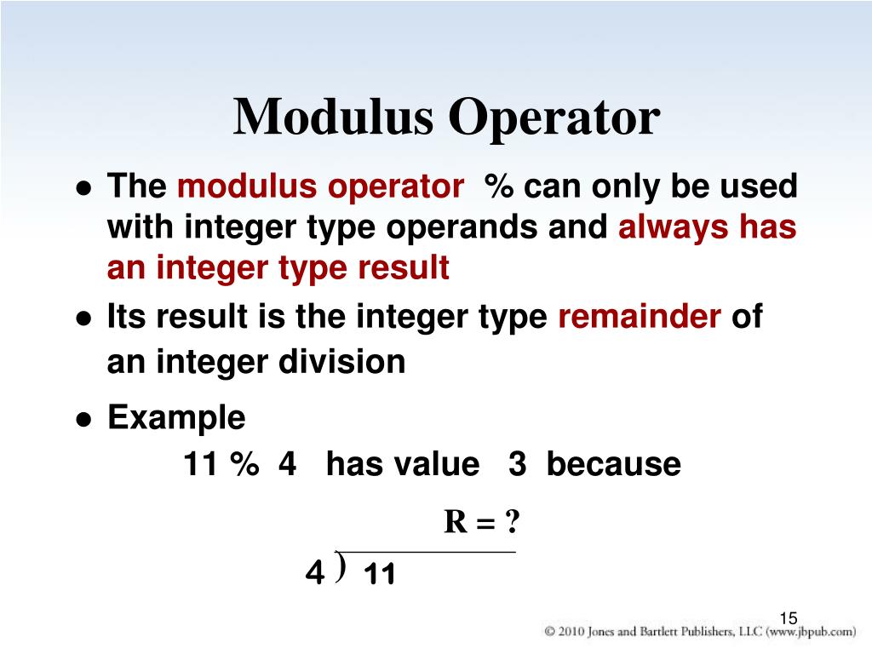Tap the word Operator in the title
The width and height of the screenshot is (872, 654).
(x=554, y=118)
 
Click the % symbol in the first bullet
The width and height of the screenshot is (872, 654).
(x=499, y=187)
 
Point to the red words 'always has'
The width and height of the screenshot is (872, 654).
(x=707, y=227)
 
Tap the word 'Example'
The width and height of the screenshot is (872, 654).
(x=176, y=418)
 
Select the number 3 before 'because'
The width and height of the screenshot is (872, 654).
(x=517, y=465)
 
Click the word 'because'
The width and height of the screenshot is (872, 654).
(x=613, y=465)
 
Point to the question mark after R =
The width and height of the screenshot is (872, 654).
(x=511, y=522)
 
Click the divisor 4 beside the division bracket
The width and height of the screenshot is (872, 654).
(x=314, y=576)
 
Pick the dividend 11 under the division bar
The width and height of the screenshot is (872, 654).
(x=380, y=577)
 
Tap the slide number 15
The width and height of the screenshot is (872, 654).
(x=788, y=618)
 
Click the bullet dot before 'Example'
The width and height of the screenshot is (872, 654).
(x=83, y=420)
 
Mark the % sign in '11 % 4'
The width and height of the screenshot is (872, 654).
(x=244, y=465)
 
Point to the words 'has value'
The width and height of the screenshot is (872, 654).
(x=403, y=465)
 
